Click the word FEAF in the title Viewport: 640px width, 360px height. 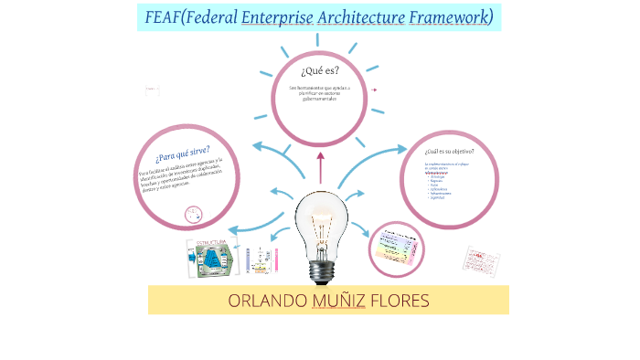pyautogui.click(x=162, y=17)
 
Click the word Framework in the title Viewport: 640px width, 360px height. pyautogui.click(x=444, y=17)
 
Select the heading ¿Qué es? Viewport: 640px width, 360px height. pyautogui.click(x=319, y=69)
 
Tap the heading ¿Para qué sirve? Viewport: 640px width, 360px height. pyautogui.click(x=182, y=155)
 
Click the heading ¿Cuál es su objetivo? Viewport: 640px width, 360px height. pyautogui.click(x=449, y=151)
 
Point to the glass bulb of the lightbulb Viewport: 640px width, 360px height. pyautogui.click(x=321, y=219)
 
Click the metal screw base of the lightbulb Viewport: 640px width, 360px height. pyautogui.click(x=321, y=270)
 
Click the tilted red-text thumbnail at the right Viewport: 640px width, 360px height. pyautogui.click(x=481, y=259)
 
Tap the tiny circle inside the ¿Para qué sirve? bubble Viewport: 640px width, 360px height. pyautogui.click(x=194, y=215)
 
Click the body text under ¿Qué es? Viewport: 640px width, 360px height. pyautogui.click(x=319, y=92)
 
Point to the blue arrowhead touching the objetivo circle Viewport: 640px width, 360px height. pyautogui.click(x=401, y=150)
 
